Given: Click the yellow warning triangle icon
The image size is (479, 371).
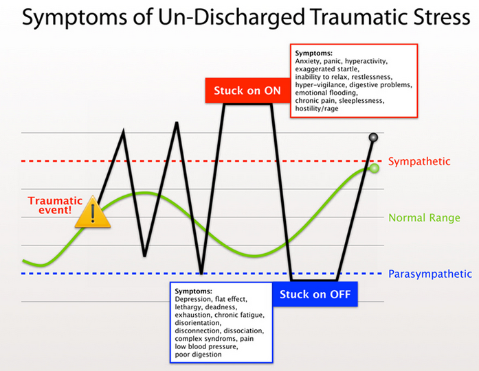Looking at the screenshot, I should click(90, 214).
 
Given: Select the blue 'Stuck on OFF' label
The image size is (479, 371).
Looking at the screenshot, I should click(315, 296).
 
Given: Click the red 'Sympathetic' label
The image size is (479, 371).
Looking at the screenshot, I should click(419, 162).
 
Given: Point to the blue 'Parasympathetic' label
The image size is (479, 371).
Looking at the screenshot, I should click(430, 274).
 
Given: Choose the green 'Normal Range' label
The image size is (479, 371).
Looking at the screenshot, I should click(424, 218).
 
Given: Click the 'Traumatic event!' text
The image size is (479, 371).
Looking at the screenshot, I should click(55, 205).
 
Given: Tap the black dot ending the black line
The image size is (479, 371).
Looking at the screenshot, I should click(374, 137).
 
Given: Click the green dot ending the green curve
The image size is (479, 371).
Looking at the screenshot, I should click(374, 168).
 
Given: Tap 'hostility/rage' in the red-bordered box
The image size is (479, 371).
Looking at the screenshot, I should click(318, 108).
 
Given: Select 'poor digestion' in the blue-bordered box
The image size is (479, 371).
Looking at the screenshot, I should click(198, 355).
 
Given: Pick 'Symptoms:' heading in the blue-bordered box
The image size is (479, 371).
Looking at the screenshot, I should click(193, 291).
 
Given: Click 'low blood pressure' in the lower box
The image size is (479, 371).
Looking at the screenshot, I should click(205, 347).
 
